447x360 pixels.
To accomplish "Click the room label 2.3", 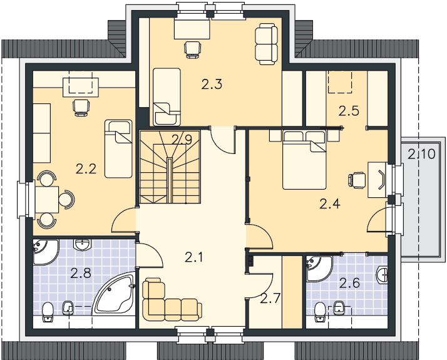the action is click(212, 85).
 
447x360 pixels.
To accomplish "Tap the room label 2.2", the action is click(86, 169).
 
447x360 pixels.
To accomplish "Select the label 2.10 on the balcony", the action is click(421, 154).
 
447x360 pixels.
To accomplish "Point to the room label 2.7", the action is click(270, 299).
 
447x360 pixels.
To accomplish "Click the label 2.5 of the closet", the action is click(349, 111).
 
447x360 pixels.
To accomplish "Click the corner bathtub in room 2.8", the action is click(114, 293).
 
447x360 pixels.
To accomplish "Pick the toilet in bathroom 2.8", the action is click(48, 312).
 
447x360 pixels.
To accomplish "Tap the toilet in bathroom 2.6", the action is click(321, 312).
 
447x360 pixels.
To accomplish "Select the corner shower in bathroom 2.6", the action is click(319, 269).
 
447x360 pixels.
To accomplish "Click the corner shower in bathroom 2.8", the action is click(46, 252).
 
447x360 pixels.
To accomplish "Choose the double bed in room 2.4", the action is click(304, 160).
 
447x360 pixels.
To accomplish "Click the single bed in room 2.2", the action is click(118, 149).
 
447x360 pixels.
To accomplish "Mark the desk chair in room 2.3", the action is click(192, 49).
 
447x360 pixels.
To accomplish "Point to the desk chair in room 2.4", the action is click(357, 180).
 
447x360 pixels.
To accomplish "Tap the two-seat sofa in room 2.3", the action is click(266, 44).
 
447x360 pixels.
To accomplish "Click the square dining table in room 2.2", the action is click(47, 200).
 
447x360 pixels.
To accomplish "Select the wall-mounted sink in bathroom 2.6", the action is click(382, 275).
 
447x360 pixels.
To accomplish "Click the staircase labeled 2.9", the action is click(170, 167).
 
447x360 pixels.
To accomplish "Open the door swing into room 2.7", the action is click(260, 285).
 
